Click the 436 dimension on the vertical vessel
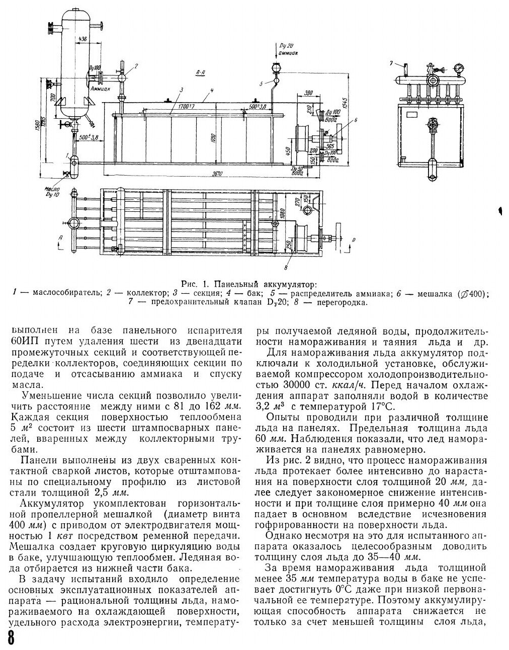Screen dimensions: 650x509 tap(82, 38)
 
